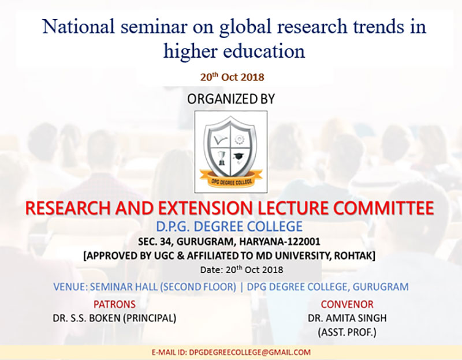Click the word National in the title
78,26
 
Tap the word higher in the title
191,51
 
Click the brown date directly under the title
232,77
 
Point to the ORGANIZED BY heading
231,99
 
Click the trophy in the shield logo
222,158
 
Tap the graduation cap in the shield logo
238,157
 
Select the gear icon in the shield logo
239,139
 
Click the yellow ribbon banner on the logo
231,179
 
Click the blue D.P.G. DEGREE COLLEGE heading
229,226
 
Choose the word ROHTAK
355,256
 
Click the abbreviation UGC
164,256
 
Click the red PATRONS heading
114,304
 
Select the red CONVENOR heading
347,304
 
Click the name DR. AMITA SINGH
348,318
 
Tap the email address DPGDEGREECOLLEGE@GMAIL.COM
250,352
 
